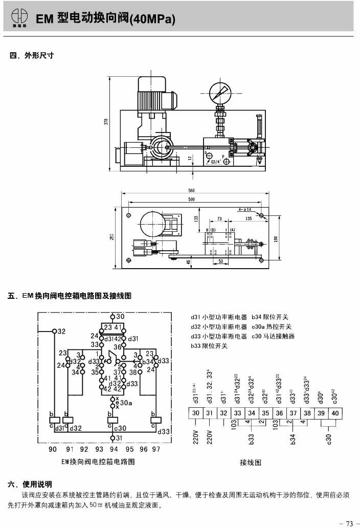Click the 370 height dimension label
tap(106, 122)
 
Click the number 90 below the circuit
tap(52, 449)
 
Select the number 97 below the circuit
tap(155, 449)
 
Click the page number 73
tap(349, 523)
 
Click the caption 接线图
tap(251, 463)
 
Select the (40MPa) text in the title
tap(153, 20)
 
